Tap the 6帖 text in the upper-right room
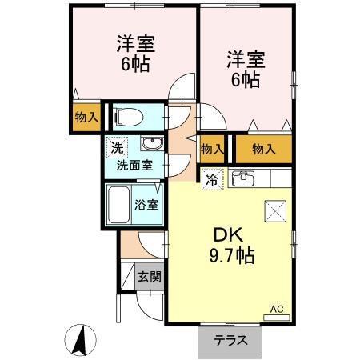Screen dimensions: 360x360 pos(246,79)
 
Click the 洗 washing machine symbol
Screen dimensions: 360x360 pos(117,147)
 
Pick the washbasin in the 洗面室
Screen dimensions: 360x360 pos(150,145)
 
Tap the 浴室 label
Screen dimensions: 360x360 pos(147,204)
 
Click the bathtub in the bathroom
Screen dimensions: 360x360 pos(121,206)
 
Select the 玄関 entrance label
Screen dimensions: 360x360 pos(149,277)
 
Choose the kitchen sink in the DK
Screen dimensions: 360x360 pos(242,178)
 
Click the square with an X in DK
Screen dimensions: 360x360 pos(274,210)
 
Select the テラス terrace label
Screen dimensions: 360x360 pos(230,339)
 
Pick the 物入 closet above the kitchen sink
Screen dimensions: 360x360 pos(262,149)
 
